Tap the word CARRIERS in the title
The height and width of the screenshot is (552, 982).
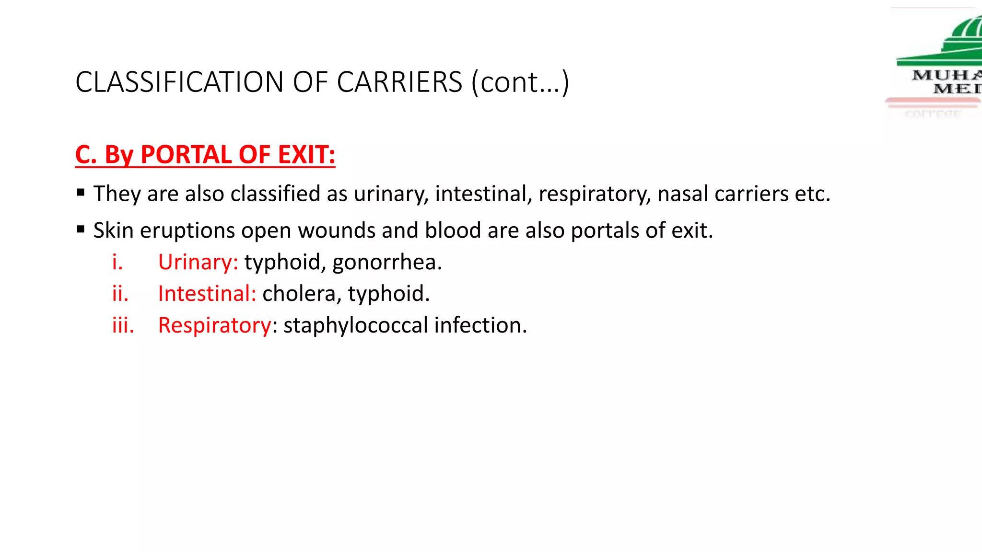[399, 82]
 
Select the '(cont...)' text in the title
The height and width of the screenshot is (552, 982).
[520, 82]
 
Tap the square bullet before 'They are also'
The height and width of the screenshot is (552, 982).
[81, 193]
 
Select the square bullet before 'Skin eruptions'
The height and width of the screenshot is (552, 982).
[81, 230]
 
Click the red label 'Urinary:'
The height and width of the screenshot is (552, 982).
[198, 262]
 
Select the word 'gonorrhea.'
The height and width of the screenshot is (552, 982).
[386, 262]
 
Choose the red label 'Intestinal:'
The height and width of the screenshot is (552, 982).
[207, 294]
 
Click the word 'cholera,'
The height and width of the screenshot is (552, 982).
[302, 294]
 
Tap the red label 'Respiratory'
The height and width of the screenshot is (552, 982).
[215, 325]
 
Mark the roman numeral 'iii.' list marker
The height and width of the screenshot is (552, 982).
[123, 325]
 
